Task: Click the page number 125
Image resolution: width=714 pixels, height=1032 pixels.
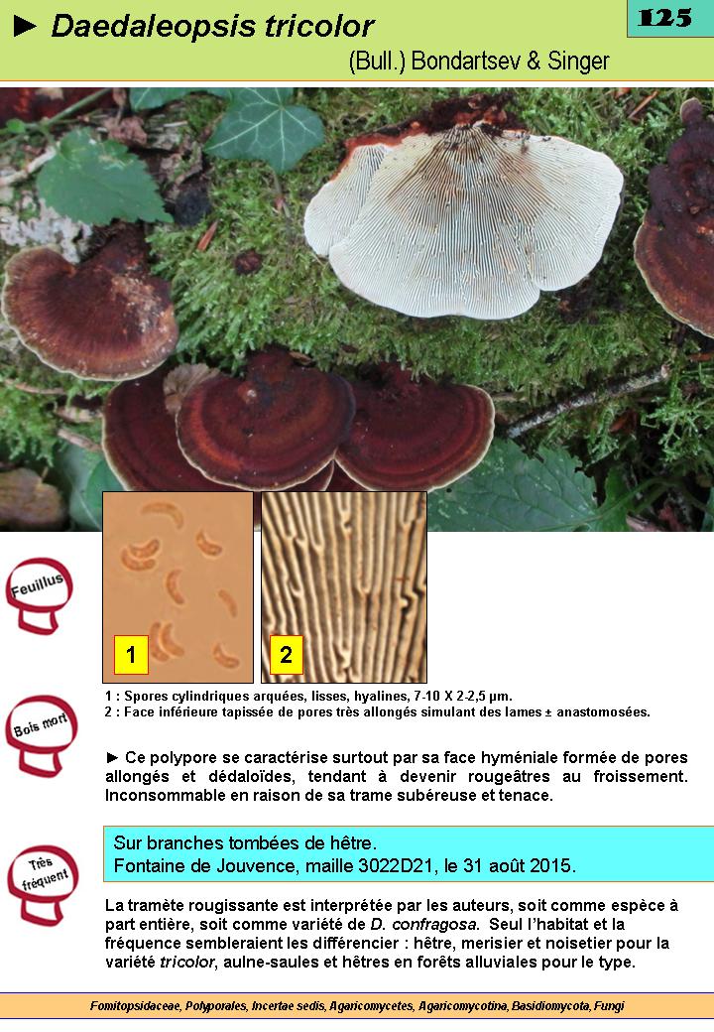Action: tap(664, 17)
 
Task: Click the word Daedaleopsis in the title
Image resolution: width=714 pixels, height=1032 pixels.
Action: tap(153, 27)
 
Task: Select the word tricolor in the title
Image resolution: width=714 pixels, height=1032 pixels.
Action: tap(319, 27)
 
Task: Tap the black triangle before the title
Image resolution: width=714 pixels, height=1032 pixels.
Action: tap(25, 27)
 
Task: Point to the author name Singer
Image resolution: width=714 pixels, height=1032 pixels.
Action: tap(578, 62)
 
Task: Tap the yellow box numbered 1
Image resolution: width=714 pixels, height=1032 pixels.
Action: tap(131, 655)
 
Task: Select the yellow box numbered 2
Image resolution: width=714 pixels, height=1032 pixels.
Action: tap(286, 655)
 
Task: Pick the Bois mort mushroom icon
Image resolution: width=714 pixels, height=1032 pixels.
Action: tap(41, 735)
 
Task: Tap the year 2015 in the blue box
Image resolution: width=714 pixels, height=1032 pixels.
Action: tap(551, 865)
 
